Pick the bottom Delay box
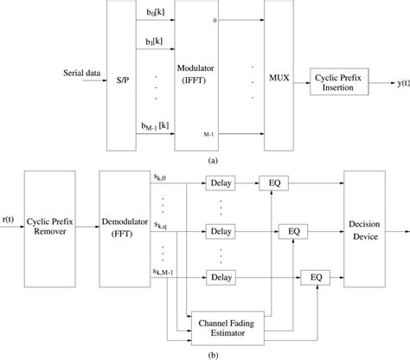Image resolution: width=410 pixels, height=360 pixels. coord(221,277)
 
